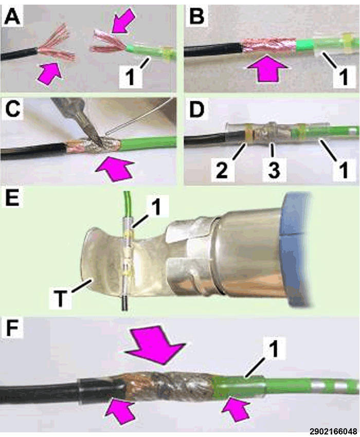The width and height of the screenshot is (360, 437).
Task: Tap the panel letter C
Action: (x=12, y=109)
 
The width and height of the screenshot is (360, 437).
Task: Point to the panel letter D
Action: (x=196, y=109)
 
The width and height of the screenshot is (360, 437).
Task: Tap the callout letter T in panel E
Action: (x=60, y=298)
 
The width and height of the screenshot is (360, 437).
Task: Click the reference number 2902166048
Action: (x=333, y=431)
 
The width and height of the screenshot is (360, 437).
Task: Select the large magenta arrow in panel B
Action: (x=267, y=68)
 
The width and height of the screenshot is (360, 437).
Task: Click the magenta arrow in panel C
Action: (x=114, y=168)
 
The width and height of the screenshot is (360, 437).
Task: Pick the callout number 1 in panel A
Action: (x=131, y=77)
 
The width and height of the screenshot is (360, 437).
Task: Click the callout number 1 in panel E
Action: (x=156, y=207)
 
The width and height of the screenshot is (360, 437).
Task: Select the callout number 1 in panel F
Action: (x=274, y=349)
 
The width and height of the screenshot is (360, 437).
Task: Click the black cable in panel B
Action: (x=212, y=50)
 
